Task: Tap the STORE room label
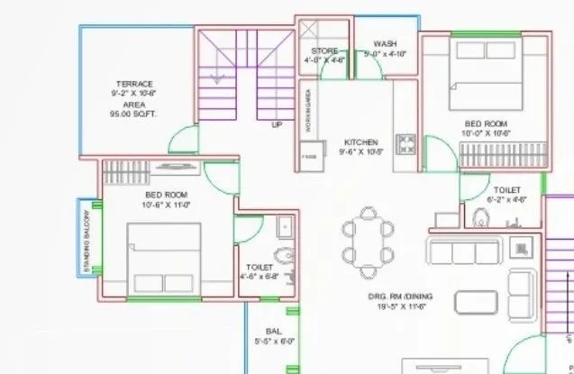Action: tap(324, 51)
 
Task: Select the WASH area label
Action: tap(385, 42)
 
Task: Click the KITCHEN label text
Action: tap(360, 142)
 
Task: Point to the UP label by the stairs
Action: tap(277, 125)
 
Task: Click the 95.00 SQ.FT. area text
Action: tap(134, 114)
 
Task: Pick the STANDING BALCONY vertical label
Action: tap(87, 242)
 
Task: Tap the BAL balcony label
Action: tap(274, 332)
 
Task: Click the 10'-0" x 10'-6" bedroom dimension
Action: tap(487, 133)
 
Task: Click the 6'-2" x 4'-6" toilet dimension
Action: tap(506, 200)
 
